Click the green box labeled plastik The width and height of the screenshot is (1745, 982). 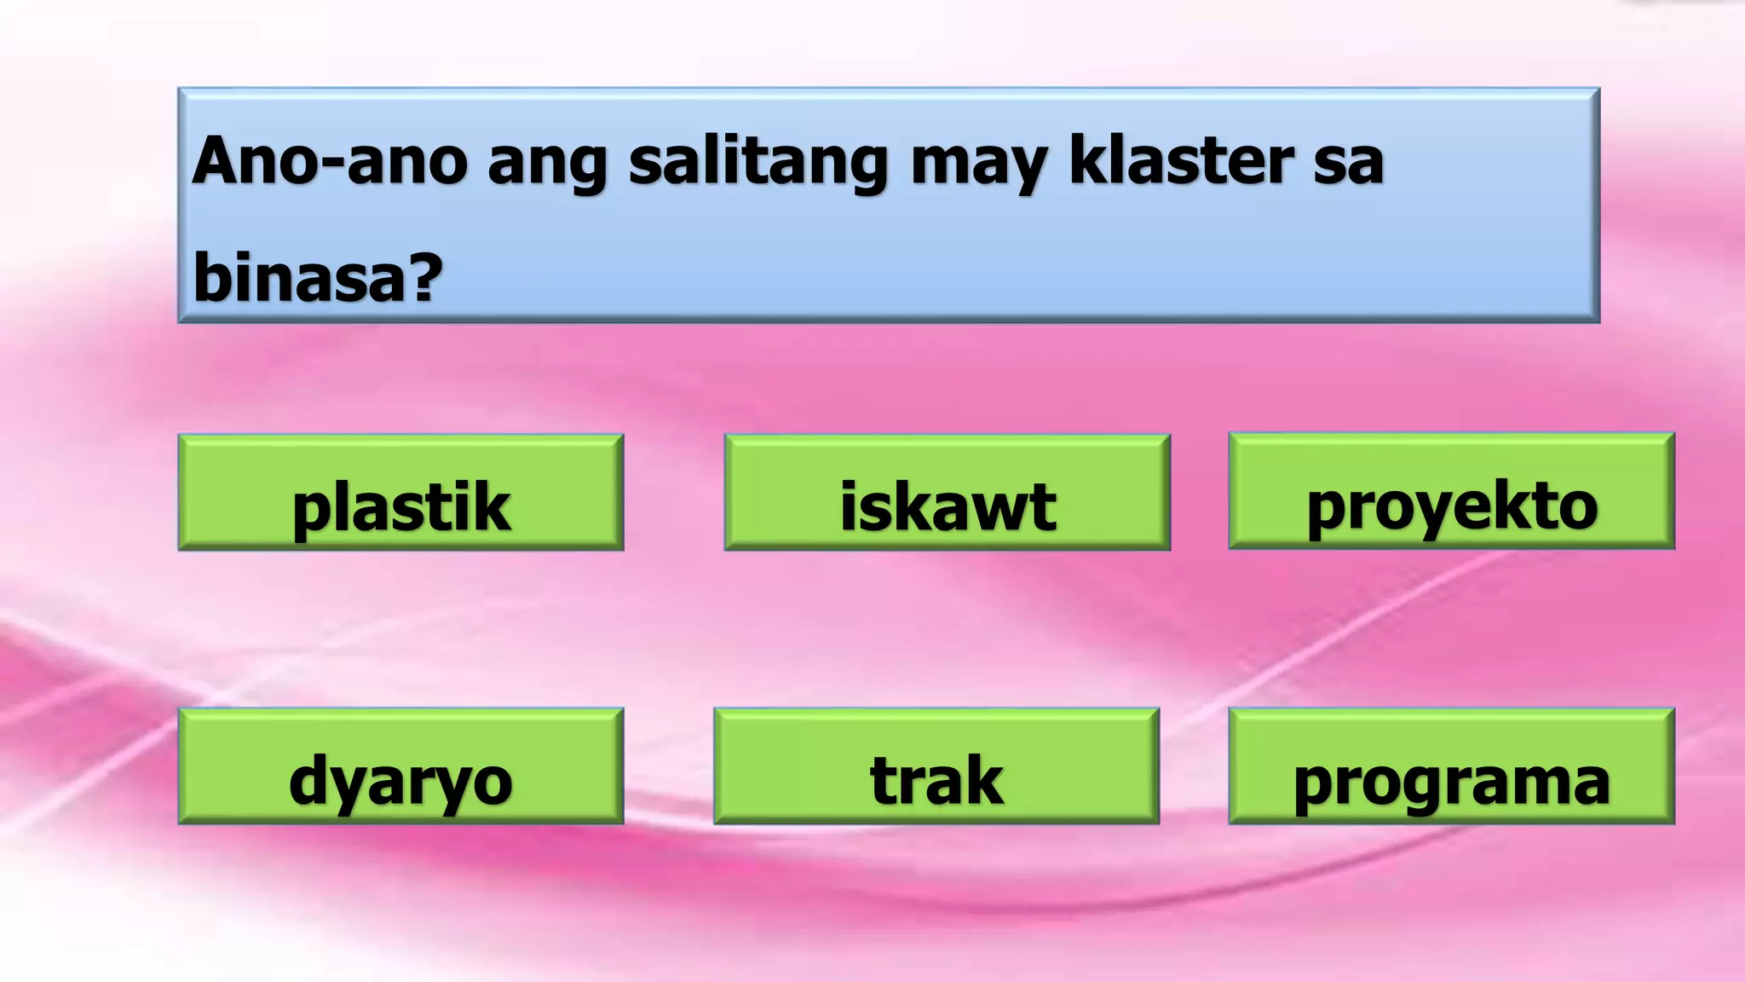pyautogui.click(x=400, y=493)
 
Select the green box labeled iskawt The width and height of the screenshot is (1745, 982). pyautogui.click(x=947, y=493)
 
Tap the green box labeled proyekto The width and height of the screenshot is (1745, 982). pyautogui.click(x=1451, y=491)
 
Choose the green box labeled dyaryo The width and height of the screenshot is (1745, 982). pyautogui.click(x=400, y=765)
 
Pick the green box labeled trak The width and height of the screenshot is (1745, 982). pyautogui.click(x=936, y=765)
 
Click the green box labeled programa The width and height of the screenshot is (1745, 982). pyautogui.click(x=1451, y=765)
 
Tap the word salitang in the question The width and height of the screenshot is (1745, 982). pyautogui.click(x=758, y=162)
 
